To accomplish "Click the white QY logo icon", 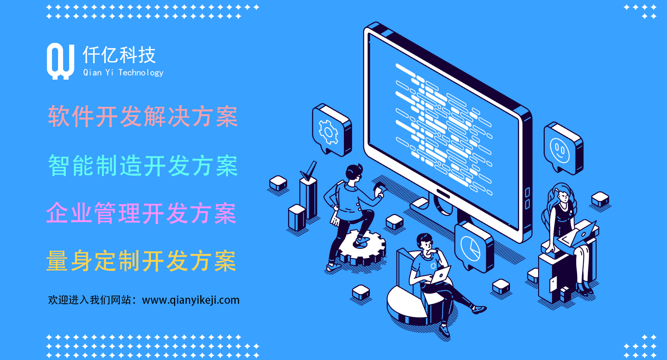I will pos(60,61).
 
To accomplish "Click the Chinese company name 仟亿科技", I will pos(119,55).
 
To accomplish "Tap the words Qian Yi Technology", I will pos(123,73).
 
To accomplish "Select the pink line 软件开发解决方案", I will pos(143,116).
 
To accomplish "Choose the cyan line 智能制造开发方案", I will pos(143,165).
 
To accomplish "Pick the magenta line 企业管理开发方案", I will pos(141,213).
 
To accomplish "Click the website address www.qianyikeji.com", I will pos(190,300).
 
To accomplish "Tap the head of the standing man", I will pos(354,173).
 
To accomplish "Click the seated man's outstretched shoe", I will pos(479,309).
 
